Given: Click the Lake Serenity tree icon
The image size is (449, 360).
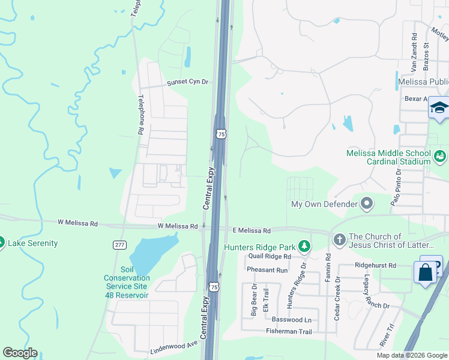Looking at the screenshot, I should pos(2,243).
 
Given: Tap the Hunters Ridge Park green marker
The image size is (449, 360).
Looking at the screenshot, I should pos(306,247).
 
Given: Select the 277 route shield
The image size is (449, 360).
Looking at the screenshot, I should pos(119,244).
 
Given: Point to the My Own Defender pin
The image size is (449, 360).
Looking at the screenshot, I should pos(367,204).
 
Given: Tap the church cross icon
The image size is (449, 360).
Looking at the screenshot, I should pos(339,239).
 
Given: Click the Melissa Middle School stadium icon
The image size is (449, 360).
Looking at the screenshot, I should pos(440,157).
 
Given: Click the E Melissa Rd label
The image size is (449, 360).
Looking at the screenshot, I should pos(252,230).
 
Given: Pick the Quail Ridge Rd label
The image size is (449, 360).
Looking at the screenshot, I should pos(269,256).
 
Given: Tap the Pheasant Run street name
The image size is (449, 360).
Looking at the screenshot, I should pos(267,271).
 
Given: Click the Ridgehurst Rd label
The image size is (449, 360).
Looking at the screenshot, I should pos(376,265).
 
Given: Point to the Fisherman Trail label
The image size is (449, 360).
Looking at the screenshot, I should pos(289,332).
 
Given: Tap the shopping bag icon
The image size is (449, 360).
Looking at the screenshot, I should pos(426,273).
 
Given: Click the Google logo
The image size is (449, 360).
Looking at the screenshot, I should pos(20,353).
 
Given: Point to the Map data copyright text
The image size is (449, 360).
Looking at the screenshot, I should pos(412,355).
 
